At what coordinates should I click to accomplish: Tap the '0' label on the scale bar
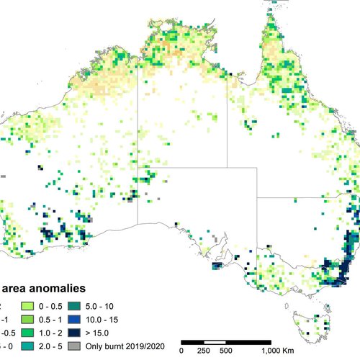[x=181, y=351]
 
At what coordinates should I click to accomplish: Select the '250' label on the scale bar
[x=204, y=351]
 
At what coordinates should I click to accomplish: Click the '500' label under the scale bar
[x=225, y=351]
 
